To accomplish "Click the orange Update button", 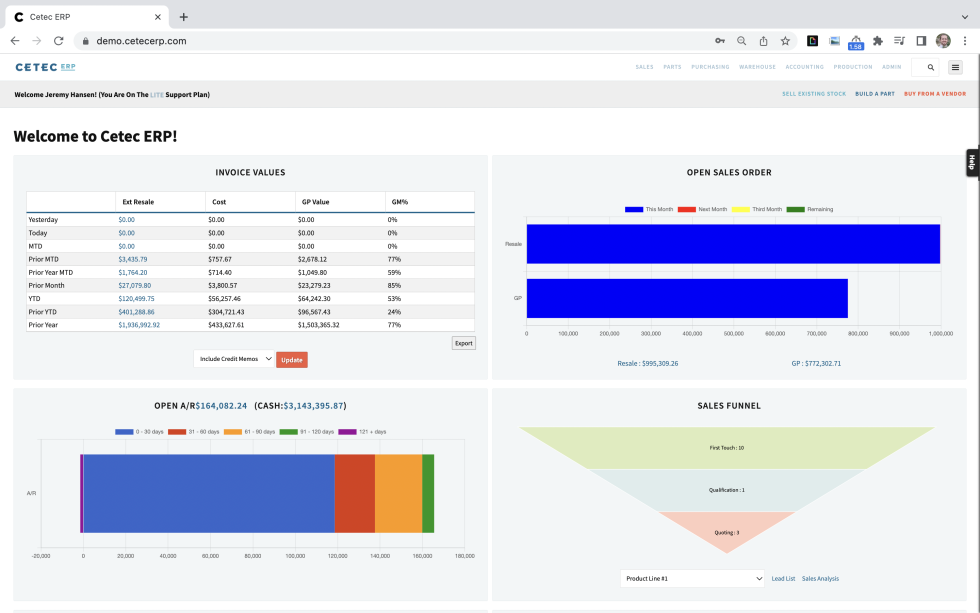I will tap(292, 359).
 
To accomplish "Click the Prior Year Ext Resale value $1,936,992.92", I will tap(139, 325).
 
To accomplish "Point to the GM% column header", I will tap(398, 202).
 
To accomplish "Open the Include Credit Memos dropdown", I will tap(234, 359).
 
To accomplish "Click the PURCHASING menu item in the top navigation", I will tap(710, 67).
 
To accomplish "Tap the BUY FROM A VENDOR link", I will tap(935, 94).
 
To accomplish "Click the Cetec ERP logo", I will tap(45, 67).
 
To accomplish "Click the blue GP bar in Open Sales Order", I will tap(687, 298).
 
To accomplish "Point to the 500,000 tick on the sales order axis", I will tap(733, 333).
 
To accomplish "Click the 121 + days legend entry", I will tap(362, 431).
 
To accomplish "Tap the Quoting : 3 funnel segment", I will tap(726, 532).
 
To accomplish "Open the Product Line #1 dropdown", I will tap(692, 578).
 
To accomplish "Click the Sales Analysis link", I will tap(820, 578).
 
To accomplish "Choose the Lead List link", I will tap(783, 578).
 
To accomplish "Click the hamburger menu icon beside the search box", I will tap(955, 67).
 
